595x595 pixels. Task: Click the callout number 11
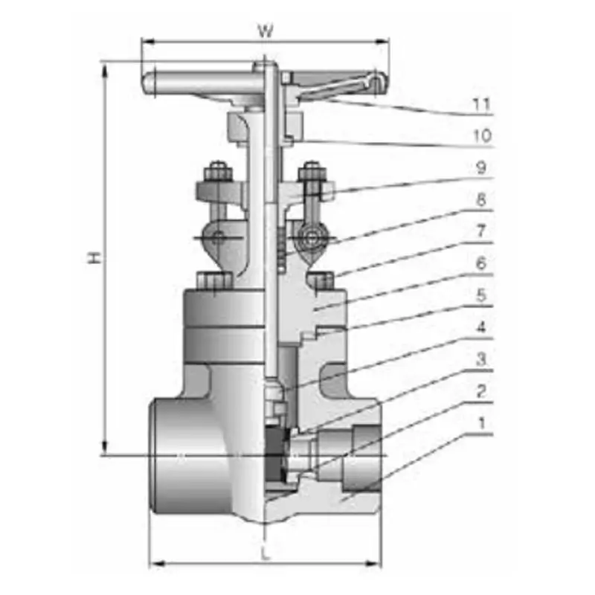[481, 104]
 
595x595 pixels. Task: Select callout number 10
[482, 136]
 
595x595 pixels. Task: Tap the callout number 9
[481, 167]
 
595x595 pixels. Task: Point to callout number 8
[481, 199]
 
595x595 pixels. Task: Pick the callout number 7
[481, 231]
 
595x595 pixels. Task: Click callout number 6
[481, 263]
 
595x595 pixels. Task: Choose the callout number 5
[481, 295]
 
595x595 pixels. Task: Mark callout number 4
[481, 327]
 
